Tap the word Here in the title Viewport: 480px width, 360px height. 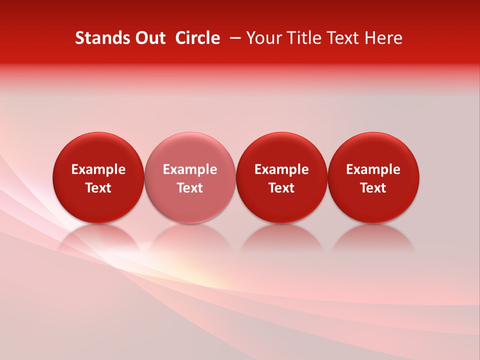(x=383, y=38)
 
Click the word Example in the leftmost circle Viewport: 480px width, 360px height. (x=98, y=169)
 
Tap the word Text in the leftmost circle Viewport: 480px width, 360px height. (x=98, y=188)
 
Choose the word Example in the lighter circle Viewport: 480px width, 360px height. (x=190, y=169)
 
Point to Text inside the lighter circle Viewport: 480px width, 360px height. (x=190, y=188)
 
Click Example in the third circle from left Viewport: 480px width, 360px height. (x=281, y=169)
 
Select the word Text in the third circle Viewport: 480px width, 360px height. (x=281, y=188)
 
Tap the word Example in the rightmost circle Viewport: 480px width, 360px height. (x=373, y=169)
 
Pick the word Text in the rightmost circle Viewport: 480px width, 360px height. (x=373, y=188)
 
